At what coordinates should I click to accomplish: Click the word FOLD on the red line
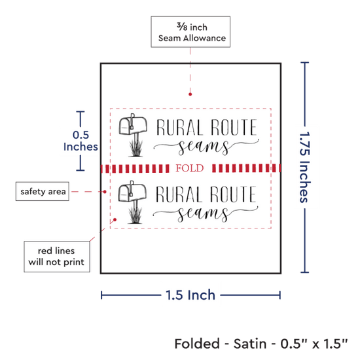[190, 168]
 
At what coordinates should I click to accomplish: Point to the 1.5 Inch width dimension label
[190, 295]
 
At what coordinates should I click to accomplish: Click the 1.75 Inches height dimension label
[305, 168]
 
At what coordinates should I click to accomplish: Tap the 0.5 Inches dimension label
[81, 141]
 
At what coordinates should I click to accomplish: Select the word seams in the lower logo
[203, 214]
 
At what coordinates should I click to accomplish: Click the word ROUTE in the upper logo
[234, 127]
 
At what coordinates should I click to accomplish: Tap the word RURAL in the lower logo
[179, 194]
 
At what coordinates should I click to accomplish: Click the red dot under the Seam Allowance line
[190, 94]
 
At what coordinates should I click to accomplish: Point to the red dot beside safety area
[105, 192]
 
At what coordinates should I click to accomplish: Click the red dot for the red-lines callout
[115, 220]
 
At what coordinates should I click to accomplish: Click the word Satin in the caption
[250, 344]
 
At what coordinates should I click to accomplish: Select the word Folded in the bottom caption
[197, 344]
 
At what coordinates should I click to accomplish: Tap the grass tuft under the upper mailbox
[135, 149]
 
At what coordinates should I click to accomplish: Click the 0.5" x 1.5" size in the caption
[314, 344]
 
